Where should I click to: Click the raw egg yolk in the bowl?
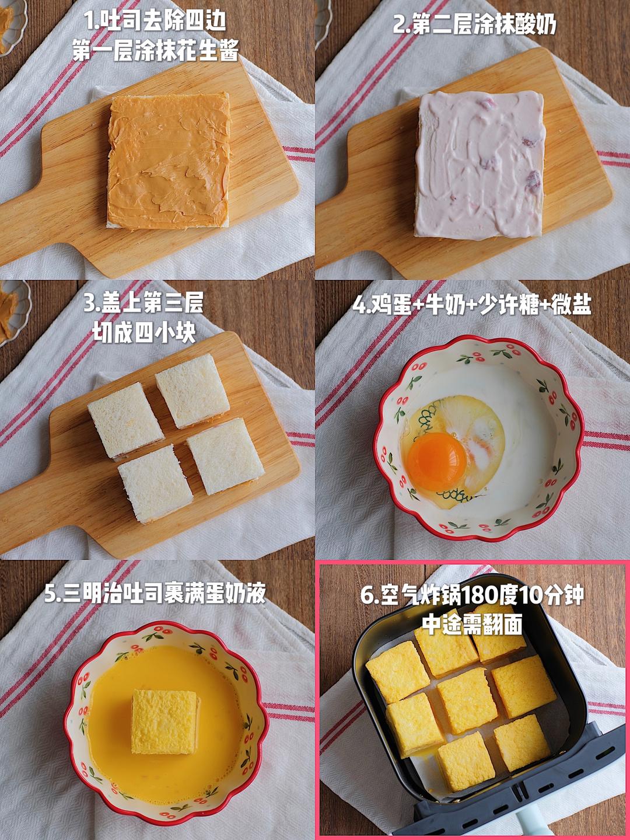click(x=437, y=462)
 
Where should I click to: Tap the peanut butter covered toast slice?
click(x=169, y=161)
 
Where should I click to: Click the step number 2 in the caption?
click(x=400, y=25)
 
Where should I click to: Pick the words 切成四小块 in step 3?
click(x=144, y=333)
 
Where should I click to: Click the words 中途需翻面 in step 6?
click(x=472, y=625)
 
